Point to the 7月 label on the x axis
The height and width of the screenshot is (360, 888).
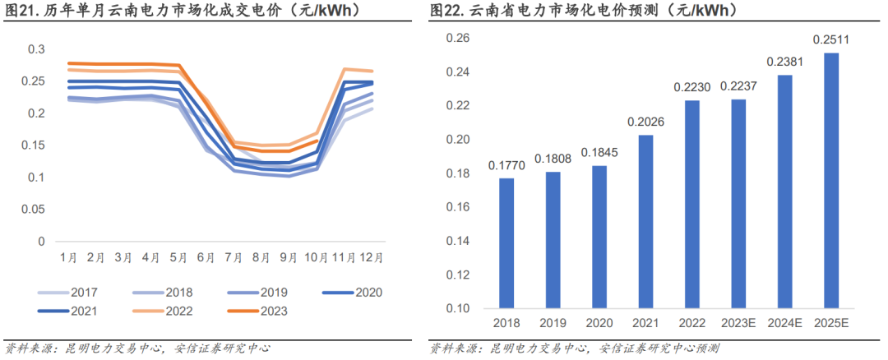point(233,256)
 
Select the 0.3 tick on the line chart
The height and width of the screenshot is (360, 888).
point(36,49)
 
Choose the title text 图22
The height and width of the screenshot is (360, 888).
point(446,11)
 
